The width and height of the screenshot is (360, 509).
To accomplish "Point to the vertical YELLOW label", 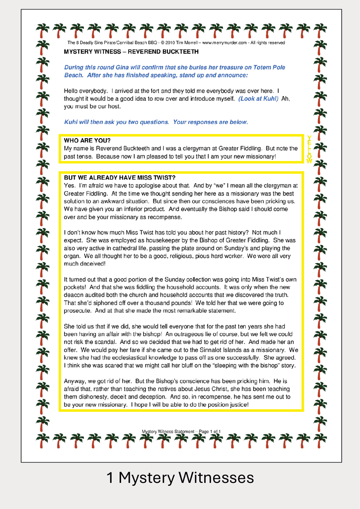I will pos(309,149).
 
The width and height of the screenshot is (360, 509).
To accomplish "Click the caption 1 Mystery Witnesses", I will pos(180,477).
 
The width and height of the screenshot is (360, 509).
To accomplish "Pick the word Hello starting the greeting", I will pos(72,91).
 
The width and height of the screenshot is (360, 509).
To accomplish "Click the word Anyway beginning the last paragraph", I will pos(75,381).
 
